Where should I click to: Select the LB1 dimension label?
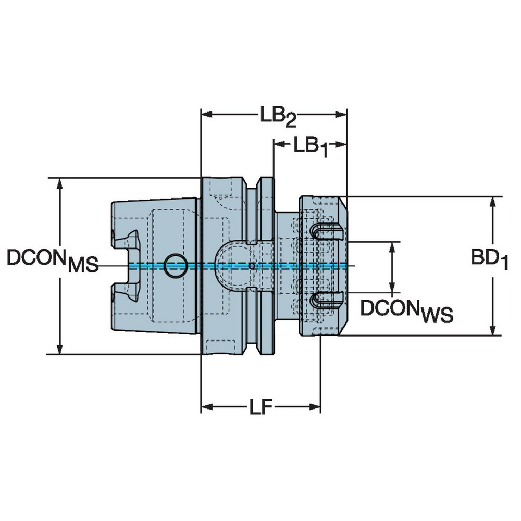[311, 145]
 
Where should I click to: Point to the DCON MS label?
[52, 258]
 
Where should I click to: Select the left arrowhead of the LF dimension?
[206, 406]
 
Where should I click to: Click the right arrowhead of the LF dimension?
[315, 406]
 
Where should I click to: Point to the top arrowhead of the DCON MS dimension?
[61, 183]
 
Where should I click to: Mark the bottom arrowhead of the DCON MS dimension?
[61, 350]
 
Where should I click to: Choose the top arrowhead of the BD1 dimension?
[492, 202]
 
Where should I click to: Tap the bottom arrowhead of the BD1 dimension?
[492, 330]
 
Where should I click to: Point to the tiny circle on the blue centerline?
[252, 266]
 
